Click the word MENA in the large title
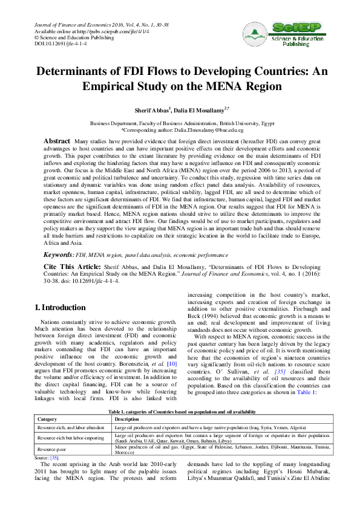click(x=224, y=87)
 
